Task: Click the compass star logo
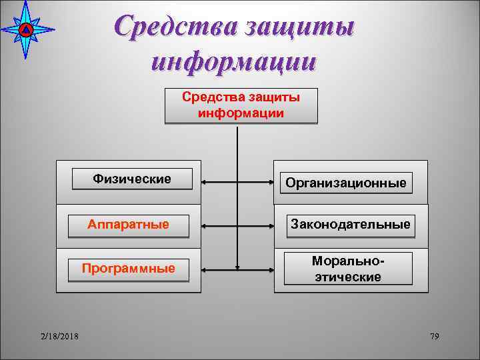point(26,29)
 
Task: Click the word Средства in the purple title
point(173,28)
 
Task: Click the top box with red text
point(241,105)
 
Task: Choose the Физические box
point(132,179)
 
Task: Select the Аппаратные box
point(128,225)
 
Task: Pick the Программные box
point(128,269)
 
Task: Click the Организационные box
point(345,183)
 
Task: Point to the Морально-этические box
point(347,269)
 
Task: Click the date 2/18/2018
point(59,336)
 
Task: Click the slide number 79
point(435,336)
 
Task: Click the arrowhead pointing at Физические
point(205,181)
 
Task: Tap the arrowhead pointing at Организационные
point(270,181)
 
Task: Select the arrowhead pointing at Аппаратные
point(205,225)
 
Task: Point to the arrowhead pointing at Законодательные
point(270,225)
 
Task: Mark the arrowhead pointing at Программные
point(205,270)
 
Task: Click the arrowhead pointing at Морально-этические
point(270,270)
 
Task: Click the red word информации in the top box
point(241,113)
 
